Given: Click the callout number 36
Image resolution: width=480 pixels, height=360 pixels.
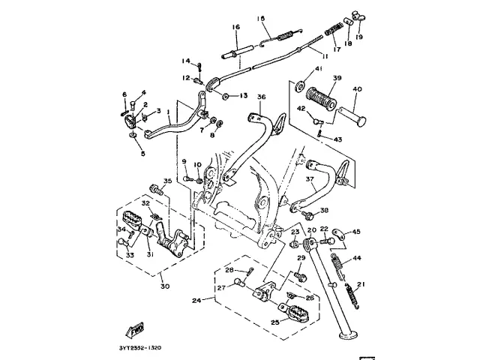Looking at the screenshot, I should [262, 97].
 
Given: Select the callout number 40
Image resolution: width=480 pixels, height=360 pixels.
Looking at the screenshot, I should [358, 89].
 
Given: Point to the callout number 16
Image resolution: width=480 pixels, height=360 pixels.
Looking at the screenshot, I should [235, 26].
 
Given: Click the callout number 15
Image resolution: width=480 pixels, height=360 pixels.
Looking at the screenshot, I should [262, 18].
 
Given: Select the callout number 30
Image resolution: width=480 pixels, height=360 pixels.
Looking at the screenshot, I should [164, 286].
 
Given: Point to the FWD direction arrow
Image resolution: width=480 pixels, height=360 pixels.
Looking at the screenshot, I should [136, 329].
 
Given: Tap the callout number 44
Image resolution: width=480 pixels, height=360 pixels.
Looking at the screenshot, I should [357, 258].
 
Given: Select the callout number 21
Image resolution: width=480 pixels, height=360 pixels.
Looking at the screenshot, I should [361, 283].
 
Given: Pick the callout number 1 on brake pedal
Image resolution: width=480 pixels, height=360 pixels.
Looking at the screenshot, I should [169, 113].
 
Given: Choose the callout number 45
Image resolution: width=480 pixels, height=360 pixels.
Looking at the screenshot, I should [356, 232].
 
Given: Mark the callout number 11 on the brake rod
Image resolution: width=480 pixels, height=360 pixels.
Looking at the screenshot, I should [325, 56].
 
